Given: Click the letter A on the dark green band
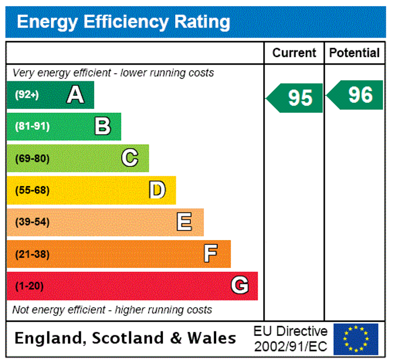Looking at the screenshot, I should click(75, 95).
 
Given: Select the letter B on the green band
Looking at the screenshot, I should click(102, 126).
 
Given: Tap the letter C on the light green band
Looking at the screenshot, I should click(130, 158).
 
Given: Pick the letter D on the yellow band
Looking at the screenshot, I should click(157, 190).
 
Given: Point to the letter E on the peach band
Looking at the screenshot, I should click(184, 222).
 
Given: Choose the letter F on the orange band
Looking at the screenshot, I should click(211, 254).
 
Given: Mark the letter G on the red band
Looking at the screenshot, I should click(240, 286).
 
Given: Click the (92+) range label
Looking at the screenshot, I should click(27, 95).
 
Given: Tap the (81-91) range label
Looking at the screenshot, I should click(32, 126).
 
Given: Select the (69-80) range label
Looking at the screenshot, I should click(32, 158).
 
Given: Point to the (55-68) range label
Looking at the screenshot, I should click(32, 190).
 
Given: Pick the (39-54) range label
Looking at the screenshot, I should click(32, 222).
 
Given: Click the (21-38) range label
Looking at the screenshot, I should click(32, 254).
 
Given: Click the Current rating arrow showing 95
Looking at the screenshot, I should click(296, 98).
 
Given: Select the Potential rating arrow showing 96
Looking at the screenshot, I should click(356, 95).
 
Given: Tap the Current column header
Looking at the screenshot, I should click(294, 53).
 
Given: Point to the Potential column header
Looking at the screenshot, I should click(354, 53).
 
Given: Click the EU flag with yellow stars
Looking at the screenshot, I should click(355, 339).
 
